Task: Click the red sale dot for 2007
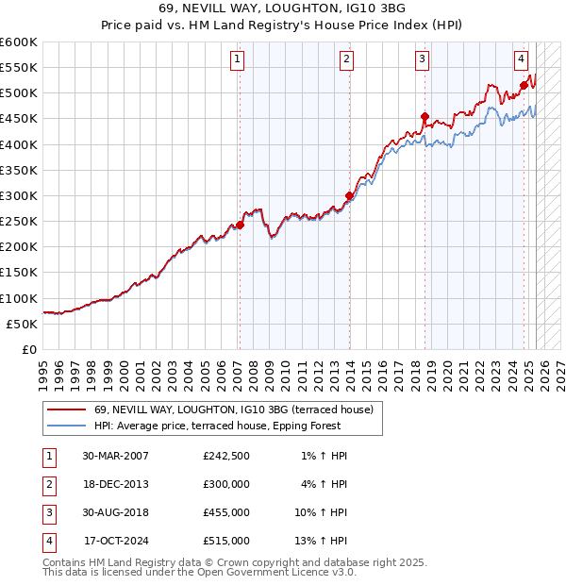[x=240, y=225]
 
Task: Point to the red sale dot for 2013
[x=349, y=196]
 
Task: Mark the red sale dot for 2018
[x=424, y=117]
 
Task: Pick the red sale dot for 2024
[x=524, y=86]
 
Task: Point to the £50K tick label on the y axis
[x=22, y=324]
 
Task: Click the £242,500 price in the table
[x=226, y=456]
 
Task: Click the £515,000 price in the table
[x=226, y=541]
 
